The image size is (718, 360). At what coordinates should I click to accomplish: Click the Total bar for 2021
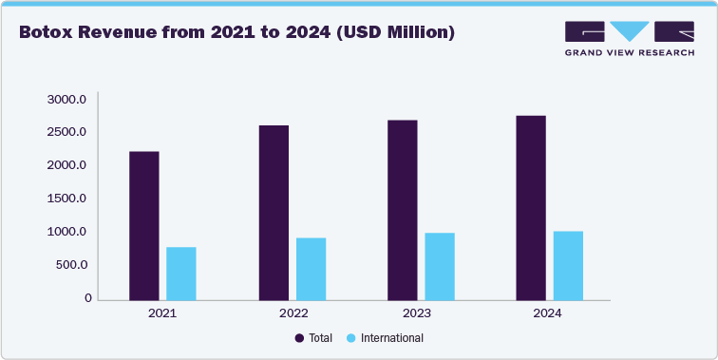[x=144, y=225]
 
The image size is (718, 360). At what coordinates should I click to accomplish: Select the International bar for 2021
[x=180, y=273]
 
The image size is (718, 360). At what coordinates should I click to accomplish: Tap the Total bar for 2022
[x=274, y=212]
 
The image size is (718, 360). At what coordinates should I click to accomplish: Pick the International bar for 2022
[x=311, y=268]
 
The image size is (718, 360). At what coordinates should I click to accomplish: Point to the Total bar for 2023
[x=403, y=209]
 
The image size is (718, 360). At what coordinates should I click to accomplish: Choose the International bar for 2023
[x=440, y=266]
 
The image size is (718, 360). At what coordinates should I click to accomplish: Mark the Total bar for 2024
[x=531, y=207]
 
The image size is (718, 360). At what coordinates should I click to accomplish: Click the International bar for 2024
[x=568, y=265]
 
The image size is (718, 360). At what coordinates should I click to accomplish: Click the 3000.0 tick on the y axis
[x=67, y=99]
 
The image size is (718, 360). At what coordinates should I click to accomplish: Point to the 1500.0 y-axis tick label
[x=67, y=199]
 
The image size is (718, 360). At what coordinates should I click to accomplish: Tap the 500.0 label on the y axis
[x=71, y=265]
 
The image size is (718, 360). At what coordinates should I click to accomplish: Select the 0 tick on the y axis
[x=87, y=298]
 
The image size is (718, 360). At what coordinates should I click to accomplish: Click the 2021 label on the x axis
[x=162, y=313]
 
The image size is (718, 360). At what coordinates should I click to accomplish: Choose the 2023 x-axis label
[x=421, y=313]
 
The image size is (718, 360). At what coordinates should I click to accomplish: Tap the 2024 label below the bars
[x=549, y=313]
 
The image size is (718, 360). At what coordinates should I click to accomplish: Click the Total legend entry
[x=313, y=338]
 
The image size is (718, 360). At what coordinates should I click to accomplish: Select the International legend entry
[x=385, y=338]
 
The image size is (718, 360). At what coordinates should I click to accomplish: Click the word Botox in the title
[x=49, y=33]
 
